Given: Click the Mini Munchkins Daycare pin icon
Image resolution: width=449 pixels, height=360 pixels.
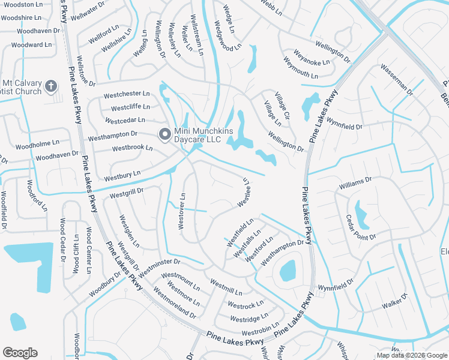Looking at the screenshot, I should click(163, 135).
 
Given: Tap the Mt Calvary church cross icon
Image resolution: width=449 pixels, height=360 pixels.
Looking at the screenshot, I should click(51, 86).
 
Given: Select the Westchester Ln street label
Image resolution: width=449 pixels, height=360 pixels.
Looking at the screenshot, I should click(126, 94).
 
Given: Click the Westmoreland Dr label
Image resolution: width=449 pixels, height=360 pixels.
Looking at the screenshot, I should click(174, 303).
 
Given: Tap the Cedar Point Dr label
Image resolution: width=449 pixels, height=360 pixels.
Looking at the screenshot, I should click(361, 228).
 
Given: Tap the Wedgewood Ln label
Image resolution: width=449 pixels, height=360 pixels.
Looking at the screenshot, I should click(227, 35).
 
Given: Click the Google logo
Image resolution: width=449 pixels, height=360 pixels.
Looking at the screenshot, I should click(20, 352).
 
